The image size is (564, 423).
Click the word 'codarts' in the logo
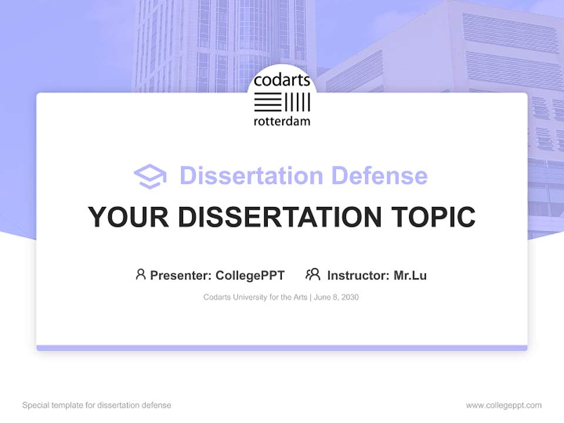click(282, 81)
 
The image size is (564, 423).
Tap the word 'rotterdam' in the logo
click(282, 122)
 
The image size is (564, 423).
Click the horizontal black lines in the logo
click(268, 102)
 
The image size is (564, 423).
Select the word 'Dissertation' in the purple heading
click(251, 176)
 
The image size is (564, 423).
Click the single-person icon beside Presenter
click(140, 274)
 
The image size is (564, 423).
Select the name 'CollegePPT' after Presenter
click(250, 275)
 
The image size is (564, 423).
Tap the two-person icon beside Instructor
click(313, 274)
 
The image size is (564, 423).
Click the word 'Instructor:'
click(358, 275)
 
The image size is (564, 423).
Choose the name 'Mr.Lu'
click(410, 275)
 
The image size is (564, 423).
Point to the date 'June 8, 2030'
click(337, 297)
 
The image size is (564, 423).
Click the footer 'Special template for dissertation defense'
click(96, 405)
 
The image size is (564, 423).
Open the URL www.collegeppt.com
click(503, 405)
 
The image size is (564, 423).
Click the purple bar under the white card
click(282, 348)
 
